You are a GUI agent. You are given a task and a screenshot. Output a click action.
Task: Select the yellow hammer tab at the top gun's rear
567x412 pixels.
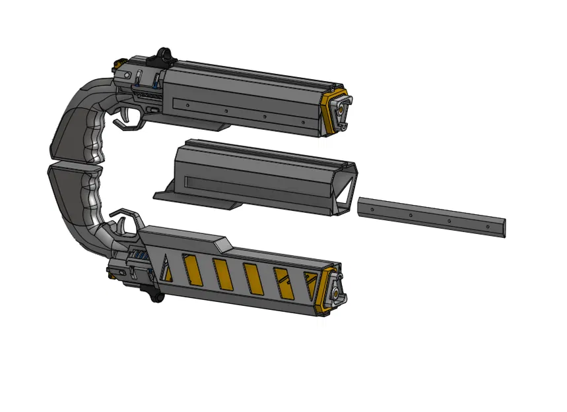119,63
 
